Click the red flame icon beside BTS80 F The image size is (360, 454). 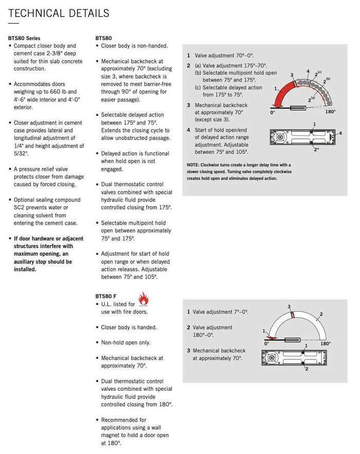point(143,299)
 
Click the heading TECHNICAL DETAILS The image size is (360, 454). point(59,13)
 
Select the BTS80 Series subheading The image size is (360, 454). point(24,38)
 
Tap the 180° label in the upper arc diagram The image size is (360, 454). point(331,112)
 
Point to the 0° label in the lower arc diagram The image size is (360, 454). point(266,343)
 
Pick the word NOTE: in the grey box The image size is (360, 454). point(193,165)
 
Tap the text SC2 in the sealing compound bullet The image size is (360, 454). point(19,208)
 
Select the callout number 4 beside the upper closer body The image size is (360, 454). point(340,133)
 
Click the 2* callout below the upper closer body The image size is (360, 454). point(316,150)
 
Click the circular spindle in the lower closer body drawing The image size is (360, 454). point(272,357)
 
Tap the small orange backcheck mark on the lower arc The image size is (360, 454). point(293,315)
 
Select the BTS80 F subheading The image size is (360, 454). point(106,296)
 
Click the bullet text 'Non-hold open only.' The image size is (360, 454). point(125,342)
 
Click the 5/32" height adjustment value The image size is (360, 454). point(21,153)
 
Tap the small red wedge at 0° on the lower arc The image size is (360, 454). point(272,338)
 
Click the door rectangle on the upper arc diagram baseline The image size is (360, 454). point(298,108)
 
